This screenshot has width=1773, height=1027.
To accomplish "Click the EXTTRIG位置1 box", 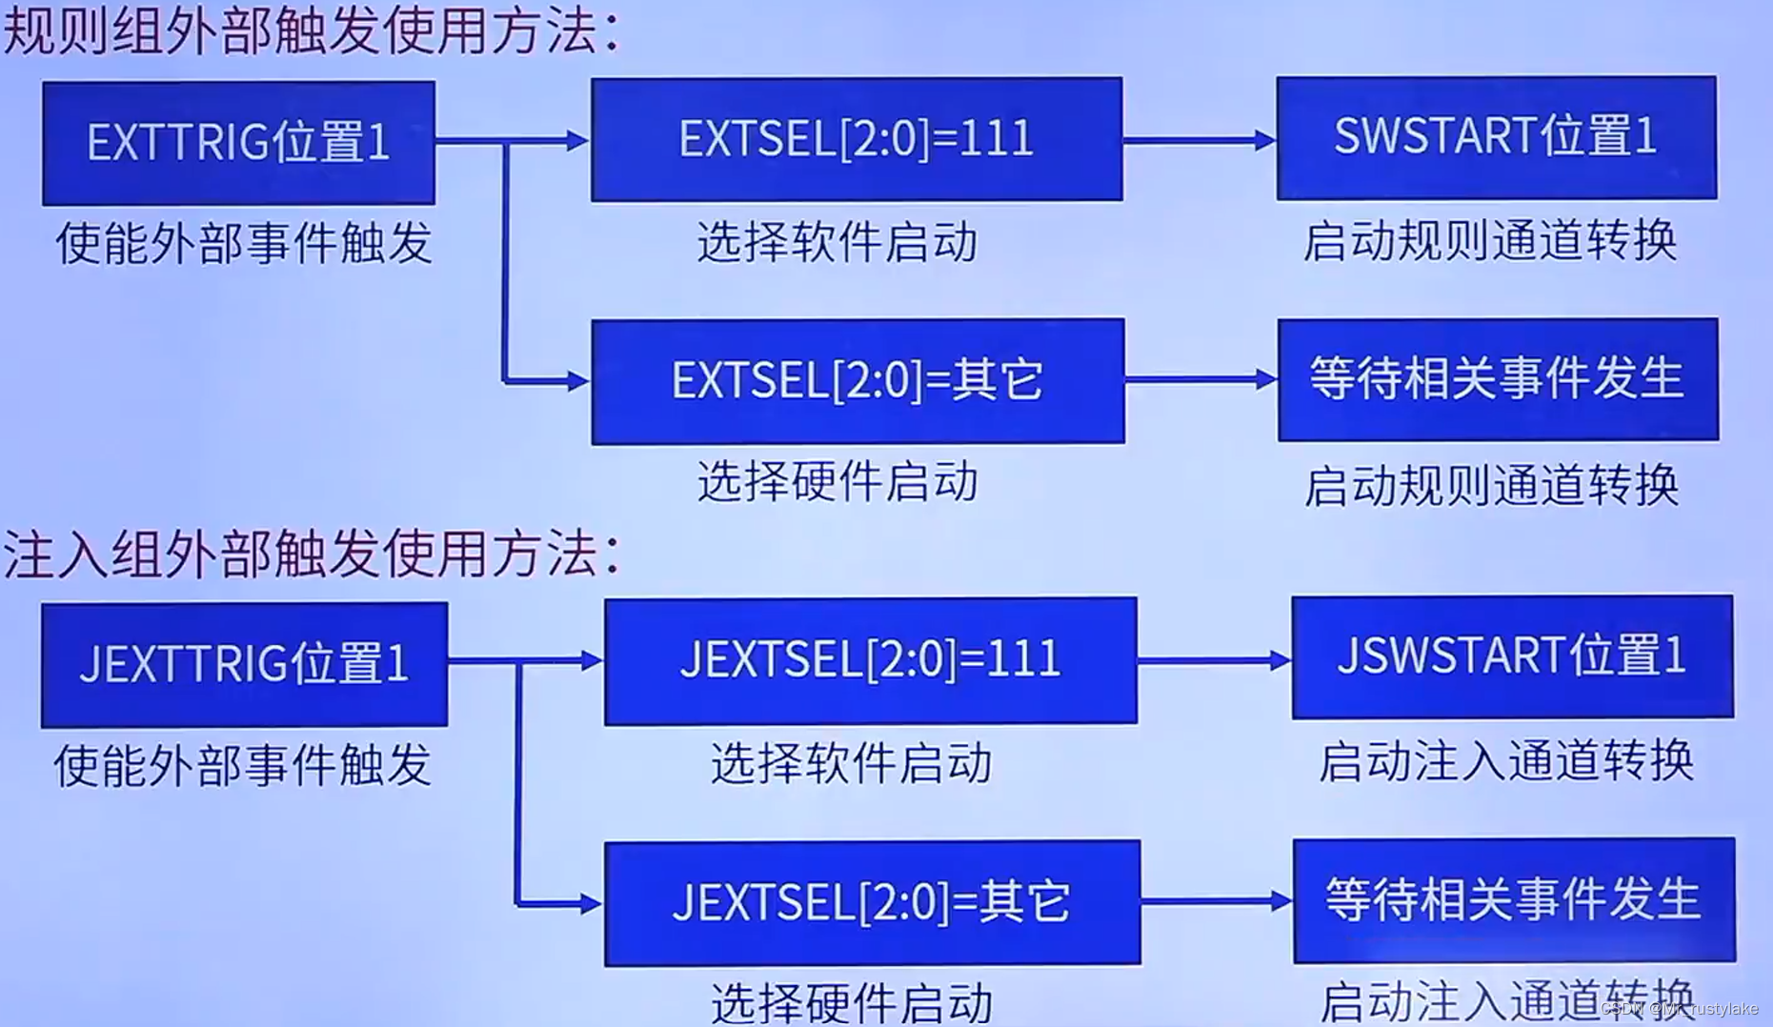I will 238,143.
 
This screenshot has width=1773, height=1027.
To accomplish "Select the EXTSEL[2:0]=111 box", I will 856,139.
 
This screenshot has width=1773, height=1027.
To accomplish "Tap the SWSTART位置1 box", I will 1496,137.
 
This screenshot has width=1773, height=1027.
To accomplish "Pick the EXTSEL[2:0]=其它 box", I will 857,381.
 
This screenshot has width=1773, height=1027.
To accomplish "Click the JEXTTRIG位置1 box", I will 244,664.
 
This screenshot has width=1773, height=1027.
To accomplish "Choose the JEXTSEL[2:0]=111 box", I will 870,659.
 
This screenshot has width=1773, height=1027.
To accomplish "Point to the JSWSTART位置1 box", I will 1512,656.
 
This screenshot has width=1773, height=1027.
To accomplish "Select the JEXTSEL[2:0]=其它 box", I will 872,902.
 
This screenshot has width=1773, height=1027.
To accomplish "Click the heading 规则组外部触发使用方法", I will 311,30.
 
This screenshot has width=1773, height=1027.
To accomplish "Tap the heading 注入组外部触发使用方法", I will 311,554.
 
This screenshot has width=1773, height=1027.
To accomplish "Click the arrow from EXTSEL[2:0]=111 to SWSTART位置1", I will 1199,141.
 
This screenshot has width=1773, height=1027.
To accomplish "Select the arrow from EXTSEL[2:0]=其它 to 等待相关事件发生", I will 1200,380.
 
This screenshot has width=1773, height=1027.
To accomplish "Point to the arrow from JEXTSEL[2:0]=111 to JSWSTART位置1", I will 1214,659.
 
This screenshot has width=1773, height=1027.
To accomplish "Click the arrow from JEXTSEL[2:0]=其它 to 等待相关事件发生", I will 1216,900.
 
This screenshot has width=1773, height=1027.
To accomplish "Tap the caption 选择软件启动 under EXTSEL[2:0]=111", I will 836,242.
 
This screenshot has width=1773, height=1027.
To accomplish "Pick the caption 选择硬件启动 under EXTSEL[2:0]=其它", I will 836,482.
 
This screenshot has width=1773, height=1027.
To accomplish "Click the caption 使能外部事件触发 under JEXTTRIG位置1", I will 243,766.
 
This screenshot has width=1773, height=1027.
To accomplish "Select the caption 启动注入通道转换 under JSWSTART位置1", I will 1505,762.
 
